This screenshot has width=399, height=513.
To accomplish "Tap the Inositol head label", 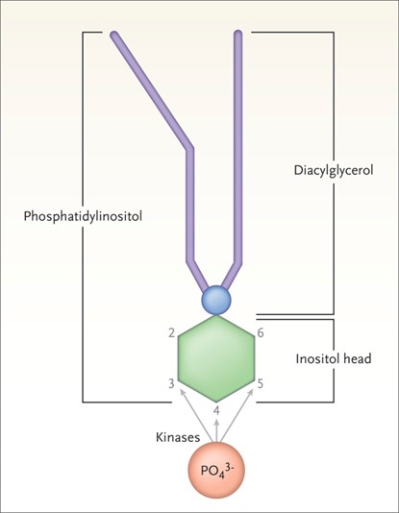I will [x=333, y=359].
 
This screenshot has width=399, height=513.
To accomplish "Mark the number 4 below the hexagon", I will [x=217, y=412].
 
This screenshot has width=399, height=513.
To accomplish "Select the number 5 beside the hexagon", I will [x=261, y=384].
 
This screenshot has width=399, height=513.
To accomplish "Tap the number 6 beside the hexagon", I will [x=261, y=332].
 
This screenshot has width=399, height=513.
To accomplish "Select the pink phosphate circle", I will [x=217, y=474].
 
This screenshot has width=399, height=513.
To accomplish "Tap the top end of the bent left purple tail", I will [x=115, y=37].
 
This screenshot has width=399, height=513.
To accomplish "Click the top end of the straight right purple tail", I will [x=238, y=37].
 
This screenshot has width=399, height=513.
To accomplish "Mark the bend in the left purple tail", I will [x=190, y=148].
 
